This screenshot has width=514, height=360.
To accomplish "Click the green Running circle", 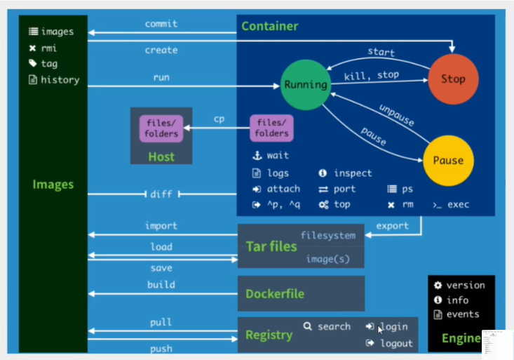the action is [306, 85].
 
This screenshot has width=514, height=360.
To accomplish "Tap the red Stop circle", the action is [453, 79].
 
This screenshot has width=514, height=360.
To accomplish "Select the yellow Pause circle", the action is [448, 161].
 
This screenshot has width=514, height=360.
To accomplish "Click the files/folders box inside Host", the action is [161, 128].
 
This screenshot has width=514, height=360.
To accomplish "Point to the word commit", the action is [161, 24].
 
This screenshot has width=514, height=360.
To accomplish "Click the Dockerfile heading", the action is [275, 294].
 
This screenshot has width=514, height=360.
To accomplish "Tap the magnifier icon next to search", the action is [307, 326].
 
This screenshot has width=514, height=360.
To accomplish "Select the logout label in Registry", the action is [396, 343].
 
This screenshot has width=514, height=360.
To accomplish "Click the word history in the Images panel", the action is [60, 80].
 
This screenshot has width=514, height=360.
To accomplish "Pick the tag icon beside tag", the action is [32, 63].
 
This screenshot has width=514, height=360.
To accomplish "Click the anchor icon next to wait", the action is [257, 155].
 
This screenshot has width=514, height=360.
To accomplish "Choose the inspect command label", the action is [353, 173].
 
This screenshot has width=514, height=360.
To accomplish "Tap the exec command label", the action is [458, 204].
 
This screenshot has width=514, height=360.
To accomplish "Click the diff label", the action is [161, 194].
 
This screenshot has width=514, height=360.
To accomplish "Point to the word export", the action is [393, 226].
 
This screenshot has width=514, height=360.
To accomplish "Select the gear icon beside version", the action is [438, 285].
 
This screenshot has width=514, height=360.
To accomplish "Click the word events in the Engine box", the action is [463, 314].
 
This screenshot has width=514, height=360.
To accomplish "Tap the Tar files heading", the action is [271, 246].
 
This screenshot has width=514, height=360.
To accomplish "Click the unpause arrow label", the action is [397, 115].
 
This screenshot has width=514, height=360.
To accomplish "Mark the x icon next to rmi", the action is [32, 48].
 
